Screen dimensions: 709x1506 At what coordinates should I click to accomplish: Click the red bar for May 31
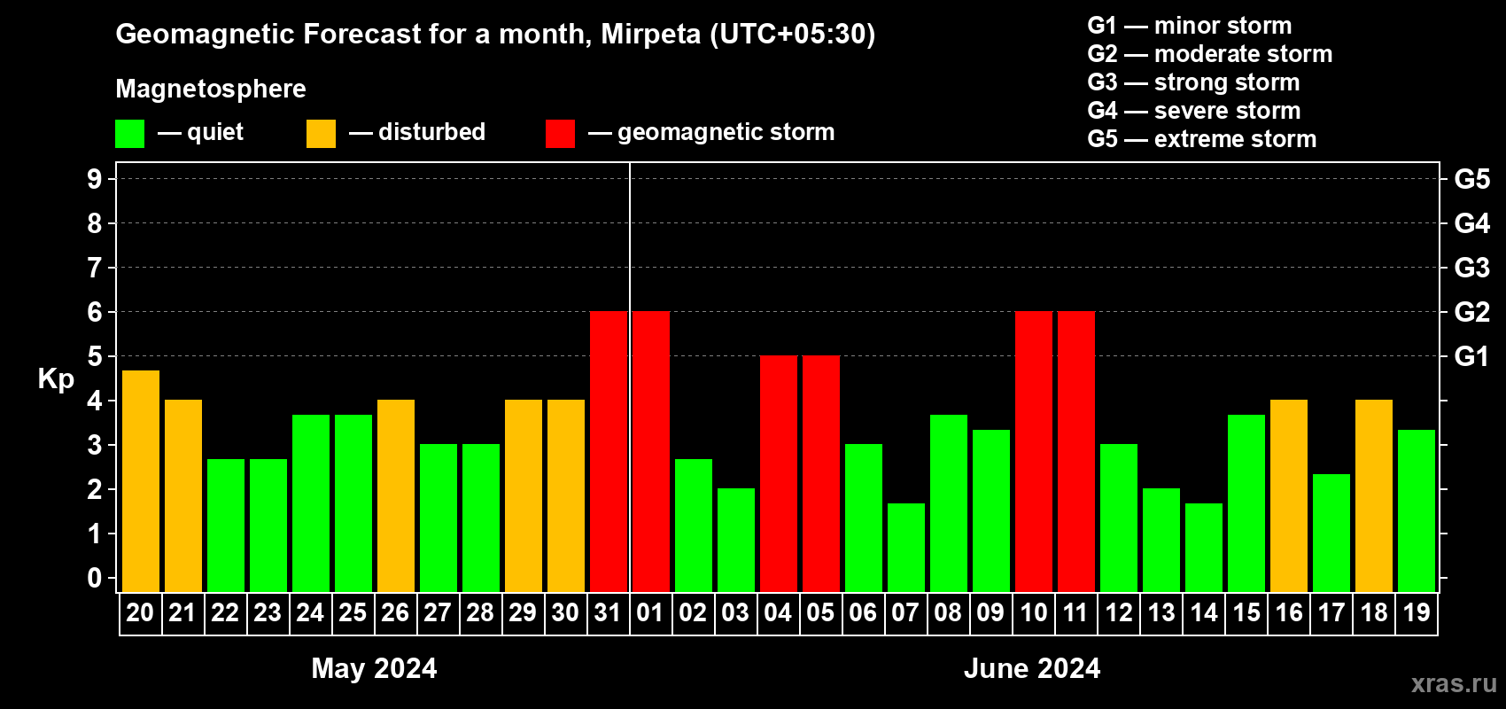tap(609, 452)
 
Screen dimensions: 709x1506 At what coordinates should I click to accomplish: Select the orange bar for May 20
tap(141, 481)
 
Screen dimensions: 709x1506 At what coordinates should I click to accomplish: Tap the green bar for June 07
tap(906, 548)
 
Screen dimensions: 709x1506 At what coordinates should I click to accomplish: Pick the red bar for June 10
tap(1034, 452)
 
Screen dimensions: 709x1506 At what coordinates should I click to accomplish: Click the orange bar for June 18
tap(1374, 496)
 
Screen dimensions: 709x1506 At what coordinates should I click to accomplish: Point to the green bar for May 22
tap(226, 526)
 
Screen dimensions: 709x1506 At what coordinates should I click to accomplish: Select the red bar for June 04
tap(779, 474)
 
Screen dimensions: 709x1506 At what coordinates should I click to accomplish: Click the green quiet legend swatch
tap(130, 134)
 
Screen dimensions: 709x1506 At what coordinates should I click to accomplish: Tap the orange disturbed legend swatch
tap(321, 134)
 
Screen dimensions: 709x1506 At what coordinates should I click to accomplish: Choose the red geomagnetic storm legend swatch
tap(560, 134)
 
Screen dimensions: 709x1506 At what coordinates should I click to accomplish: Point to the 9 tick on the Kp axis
tap(95, 179)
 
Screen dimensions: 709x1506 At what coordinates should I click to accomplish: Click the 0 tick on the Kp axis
tap(95, 578)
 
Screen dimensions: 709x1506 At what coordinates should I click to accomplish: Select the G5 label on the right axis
tap(1471, 179)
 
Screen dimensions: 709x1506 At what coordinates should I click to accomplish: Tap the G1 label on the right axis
tap(1471, 356)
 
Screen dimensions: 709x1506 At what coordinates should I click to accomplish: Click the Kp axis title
tap(56, 378)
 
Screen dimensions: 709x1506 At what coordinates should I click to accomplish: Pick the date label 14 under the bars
tap(1204, 612)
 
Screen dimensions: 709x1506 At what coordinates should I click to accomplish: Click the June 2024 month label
tap(1032, 668)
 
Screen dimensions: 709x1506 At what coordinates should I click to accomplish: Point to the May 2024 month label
tap(374, 668)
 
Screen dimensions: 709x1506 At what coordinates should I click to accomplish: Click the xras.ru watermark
tap(1454, 683)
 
